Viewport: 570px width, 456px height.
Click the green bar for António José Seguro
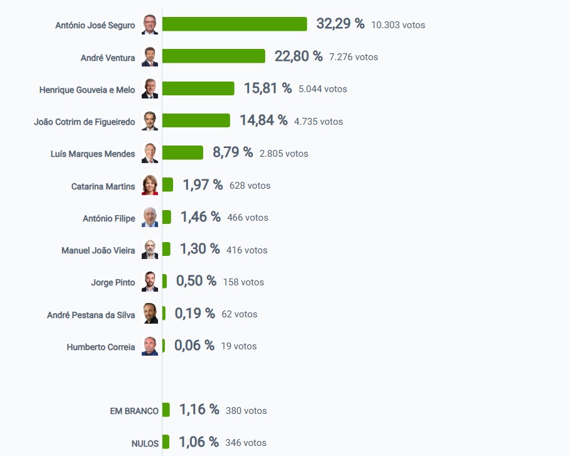point(235,24)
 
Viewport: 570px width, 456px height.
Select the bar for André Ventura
point(213,56)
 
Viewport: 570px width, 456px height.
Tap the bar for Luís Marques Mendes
point(182,152)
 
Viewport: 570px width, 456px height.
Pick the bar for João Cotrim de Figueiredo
point(196,120)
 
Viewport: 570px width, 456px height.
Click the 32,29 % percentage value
point(340,24)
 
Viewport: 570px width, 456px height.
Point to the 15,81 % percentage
point(268,88)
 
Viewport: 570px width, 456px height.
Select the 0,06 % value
point(194,345)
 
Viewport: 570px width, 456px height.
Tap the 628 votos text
point(250,186)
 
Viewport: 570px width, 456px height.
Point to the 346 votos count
point(246,443)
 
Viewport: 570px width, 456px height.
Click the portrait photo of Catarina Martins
point(150,185)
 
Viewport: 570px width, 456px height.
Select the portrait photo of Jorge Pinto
point(150,282)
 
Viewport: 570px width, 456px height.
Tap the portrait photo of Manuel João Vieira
point(150,250)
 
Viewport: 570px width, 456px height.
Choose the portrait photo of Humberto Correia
point(150,346)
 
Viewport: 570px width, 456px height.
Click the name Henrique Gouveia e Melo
point(87,90)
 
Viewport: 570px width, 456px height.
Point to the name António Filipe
point(108,218)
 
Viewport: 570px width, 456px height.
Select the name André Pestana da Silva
point(91,315)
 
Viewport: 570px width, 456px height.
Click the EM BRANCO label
point(134,411)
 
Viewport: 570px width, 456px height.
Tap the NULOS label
point(145,443)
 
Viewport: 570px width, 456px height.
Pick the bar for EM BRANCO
point(166,410)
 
